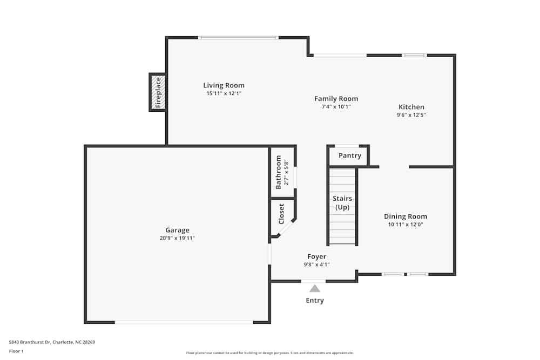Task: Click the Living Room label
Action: pos(224,85)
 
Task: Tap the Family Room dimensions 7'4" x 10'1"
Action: pos(336,107)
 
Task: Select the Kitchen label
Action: pos(411,107)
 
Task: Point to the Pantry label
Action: pos(349,156)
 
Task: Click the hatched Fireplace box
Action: pos(158,92)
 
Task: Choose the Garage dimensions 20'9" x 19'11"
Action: pos(177,238)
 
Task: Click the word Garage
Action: pos(177,230)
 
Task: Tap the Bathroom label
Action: pos(279,172)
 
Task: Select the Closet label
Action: pos(281,214)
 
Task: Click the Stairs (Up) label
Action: pos(342,203)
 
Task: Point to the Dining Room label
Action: pos(405,216)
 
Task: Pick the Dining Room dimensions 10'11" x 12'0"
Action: pos(405,225)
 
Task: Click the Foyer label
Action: pos(316,256)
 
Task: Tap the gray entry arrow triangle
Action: pos(314,289)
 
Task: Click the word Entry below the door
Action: pos(315,301)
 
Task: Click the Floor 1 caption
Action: pos(16,351)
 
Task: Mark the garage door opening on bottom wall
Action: pos(184,322)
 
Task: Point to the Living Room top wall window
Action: pos(238,37)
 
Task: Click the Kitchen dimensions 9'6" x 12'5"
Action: pos(411,115)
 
